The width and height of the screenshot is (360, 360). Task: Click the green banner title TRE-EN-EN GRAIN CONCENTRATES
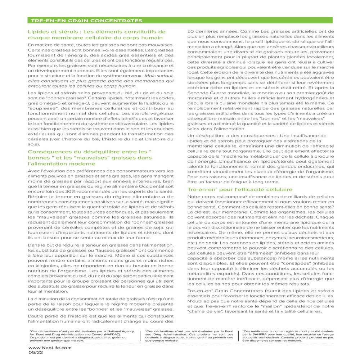tap(86, 21)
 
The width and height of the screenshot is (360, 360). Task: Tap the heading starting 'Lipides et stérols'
tap(96, 35)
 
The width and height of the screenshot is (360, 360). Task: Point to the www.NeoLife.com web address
tap(50, 348)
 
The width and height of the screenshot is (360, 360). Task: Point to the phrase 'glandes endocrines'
tap(298, 167)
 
